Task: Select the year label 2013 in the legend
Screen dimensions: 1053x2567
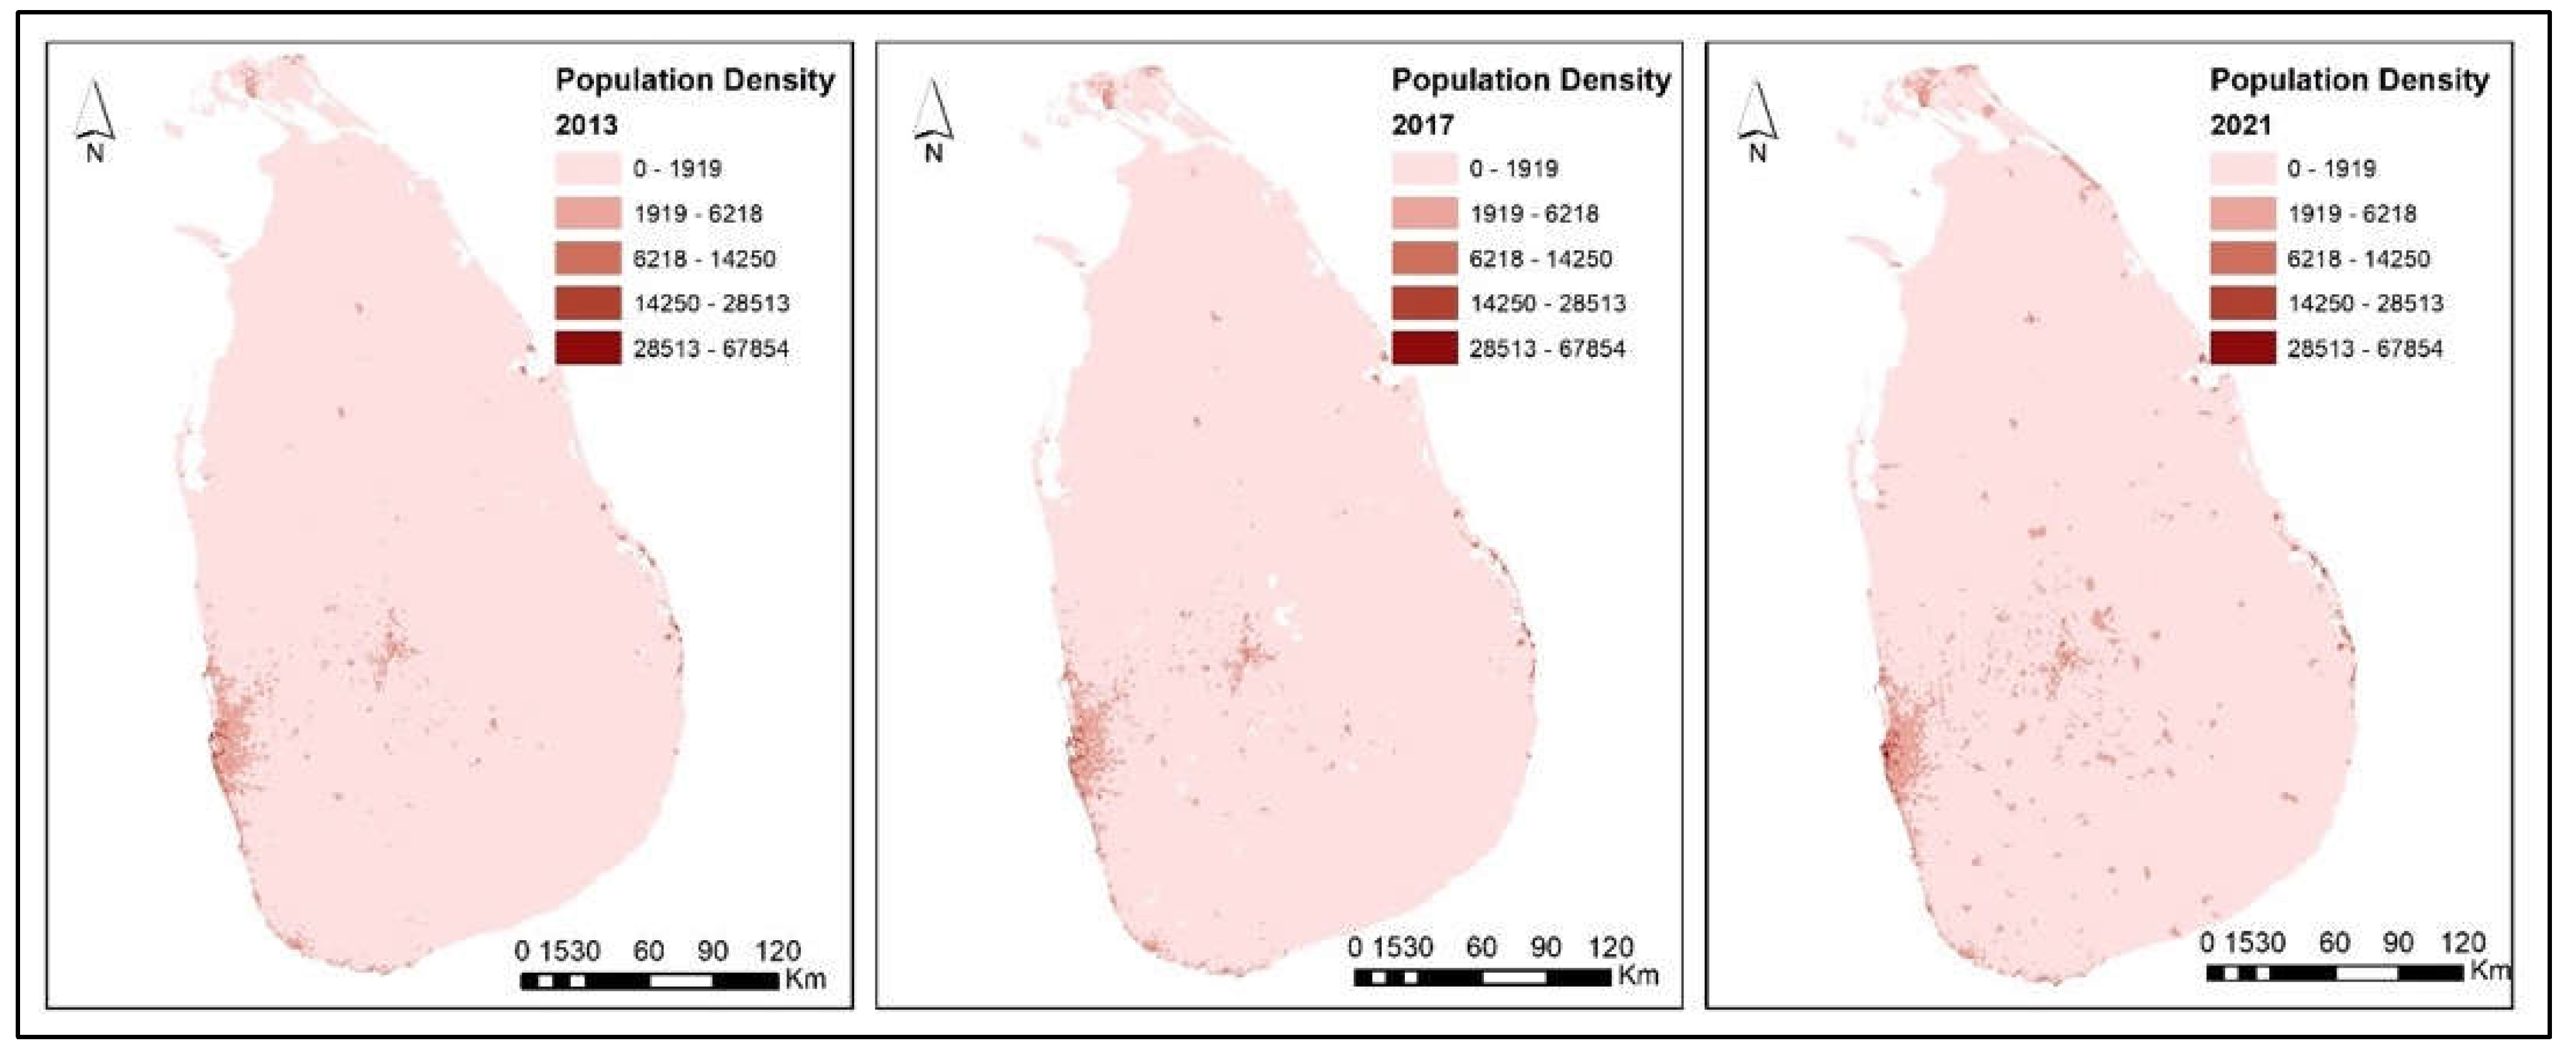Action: click(586, 125)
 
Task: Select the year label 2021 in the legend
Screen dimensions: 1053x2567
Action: click(2240, 125)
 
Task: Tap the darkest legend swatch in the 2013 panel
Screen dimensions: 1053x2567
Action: click(588, 347)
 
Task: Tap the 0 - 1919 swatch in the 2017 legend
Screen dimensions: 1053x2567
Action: click(1424, 167)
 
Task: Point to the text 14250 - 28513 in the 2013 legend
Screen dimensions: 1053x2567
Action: click(711, 303)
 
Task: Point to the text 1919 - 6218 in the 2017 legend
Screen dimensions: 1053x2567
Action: click(1533, 213)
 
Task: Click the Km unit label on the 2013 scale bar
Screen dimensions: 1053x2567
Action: click(805, 978)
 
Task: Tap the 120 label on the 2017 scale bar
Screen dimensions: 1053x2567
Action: click(1609, 948)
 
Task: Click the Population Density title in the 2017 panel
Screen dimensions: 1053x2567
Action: click(1531, 80)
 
